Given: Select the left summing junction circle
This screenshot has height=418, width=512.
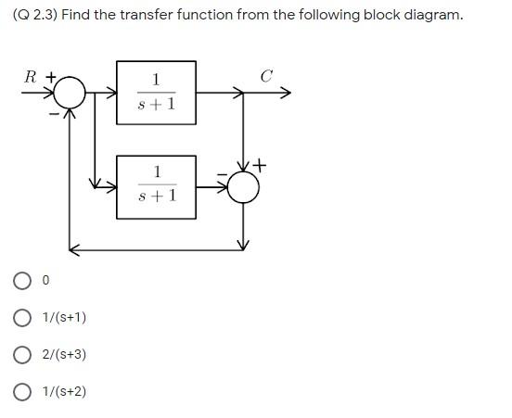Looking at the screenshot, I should (70, 93).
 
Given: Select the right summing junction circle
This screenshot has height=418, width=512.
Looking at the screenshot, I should (243, 186).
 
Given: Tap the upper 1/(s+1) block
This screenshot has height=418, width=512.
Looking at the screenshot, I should (156, 93).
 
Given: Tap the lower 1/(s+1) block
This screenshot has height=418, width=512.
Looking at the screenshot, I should (156, 186).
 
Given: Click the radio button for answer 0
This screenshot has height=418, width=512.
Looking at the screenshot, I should (22, 280).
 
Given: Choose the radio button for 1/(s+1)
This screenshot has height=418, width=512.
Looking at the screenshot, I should (22, 318).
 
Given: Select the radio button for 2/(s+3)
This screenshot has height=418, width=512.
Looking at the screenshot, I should (22, 355).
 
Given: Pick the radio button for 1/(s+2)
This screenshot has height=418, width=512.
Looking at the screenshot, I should (22, 392).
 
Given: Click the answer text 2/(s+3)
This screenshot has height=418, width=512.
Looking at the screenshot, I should (64, 355).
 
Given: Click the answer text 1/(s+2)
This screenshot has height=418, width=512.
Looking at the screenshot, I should (64, 392).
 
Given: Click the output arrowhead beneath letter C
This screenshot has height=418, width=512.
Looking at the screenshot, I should (286, 93).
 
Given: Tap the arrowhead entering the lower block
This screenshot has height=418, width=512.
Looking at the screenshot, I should (110, 186).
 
